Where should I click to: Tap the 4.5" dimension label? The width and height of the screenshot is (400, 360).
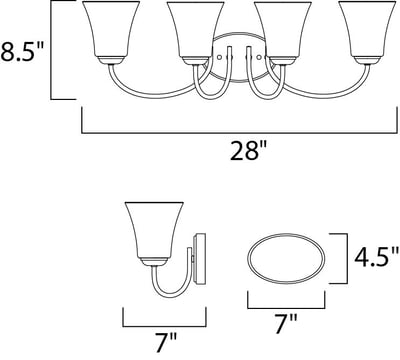click(x=376, y=257)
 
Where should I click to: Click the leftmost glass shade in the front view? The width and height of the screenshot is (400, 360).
click(x=111, y=29)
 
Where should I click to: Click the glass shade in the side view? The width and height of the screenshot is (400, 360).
click(x=154, y=230)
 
